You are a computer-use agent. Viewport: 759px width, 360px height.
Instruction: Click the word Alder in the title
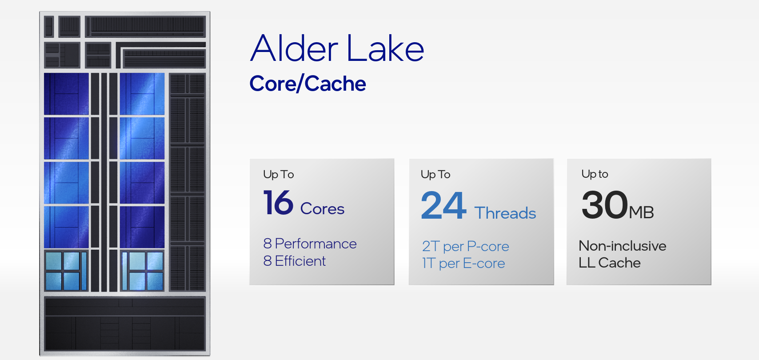coord(294,48)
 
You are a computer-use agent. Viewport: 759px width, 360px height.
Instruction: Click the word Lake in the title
coord(385,48)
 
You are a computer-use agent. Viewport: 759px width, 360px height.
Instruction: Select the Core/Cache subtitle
coord(308,84)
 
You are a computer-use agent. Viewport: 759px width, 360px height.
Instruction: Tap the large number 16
coord(278,203)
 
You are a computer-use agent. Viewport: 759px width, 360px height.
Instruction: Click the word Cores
coord(322,208)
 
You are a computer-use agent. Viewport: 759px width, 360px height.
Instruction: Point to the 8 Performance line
coord(310,244)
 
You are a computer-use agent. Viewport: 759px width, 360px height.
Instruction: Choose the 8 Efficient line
coord(295,261)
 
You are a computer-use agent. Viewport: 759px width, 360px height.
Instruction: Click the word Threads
coord(505,213)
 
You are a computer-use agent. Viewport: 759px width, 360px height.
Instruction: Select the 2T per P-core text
coord(466,246)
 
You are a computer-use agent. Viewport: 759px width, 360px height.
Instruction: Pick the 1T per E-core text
coord(463,264)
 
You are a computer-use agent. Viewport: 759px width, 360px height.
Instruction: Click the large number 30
coord(605,205)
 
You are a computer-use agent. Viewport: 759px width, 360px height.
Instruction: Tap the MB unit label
coord(641,212)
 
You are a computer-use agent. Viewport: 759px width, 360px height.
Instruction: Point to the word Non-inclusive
coord(623,246)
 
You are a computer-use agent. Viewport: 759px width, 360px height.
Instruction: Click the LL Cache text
coord(610,263)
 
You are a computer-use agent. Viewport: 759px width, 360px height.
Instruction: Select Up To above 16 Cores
coord(279,174)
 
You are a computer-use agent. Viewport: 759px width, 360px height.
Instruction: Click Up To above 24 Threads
coord(435,174)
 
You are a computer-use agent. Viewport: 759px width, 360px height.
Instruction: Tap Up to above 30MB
coord(595,174)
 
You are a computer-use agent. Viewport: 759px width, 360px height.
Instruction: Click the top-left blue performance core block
coord(66,94)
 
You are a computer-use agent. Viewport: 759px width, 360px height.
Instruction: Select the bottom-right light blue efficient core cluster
coord(142,271)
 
